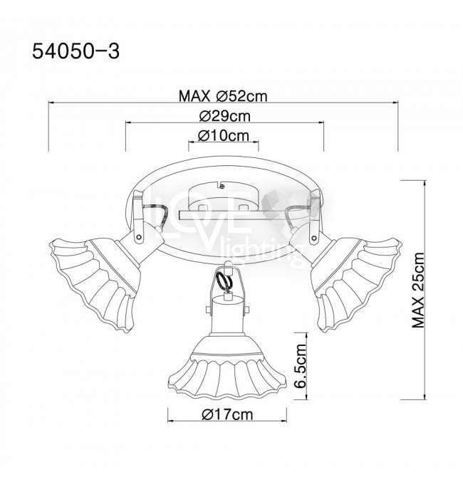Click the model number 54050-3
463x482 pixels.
[76, 51]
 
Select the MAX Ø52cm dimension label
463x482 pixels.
[223, 96]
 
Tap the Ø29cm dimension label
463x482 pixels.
[224, 116]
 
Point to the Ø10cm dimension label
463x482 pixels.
[224, 135]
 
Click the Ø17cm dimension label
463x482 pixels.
[227, 414]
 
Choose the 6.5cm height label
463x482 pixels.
[301, 366]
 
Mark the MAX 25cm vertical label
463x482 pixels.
[418, 290]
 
